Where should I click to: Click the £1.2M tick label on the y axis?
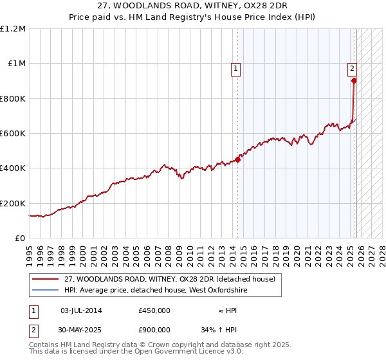(13, 28)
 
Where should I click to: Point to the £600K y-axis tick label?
(13, 134)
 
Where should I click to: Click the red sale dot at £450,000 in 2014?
(238, 159)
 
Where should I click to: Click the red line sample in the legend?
(46, 279)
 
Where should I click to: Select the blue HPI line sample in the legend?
(46, 291)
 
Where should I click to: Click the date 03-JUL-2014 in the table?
(81, 310)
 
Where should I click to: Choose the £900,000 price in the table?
(154, 330)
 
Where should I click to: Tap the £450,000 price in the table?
(154, 310)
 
